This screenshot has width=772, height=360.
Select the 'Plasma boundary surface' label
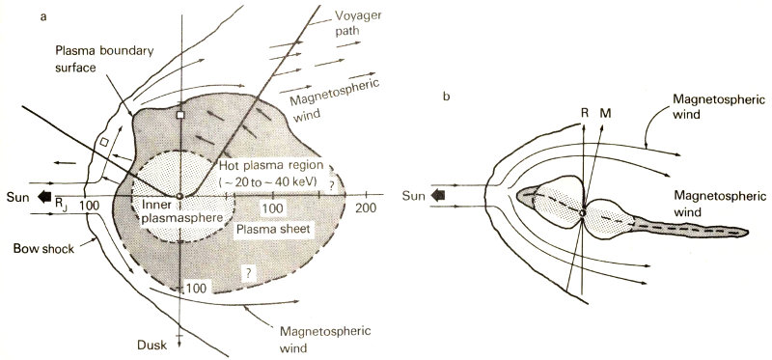(104, 59)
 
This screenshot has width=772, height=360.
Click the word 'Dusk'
(152, 345)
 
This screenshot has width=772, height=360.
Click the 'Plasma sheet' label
(273, 230)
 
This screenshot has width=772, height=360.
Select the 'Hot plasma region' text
(271, 164)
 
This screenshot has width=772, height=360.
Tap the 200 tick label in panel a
(366, 208)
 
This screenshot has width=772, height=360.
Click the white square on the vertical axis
(180, 114)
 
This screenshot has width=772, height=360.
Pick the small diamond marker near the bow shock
(104, 142)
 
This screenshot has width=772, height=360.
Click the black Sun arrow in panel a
(44, 197)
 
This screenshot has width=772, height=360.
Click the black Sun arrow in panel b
(437, 196)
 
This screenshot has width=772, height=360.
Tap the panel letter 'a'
(43, 17)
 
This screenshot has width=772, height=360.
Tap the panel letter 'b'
(446, 97)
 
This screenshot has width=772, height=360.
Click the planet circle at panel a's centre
(180, 196)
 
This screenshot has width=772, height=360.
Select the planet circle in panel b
(583, 212)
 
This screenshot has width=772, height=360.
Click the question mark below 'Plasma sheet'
(249, 276)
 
